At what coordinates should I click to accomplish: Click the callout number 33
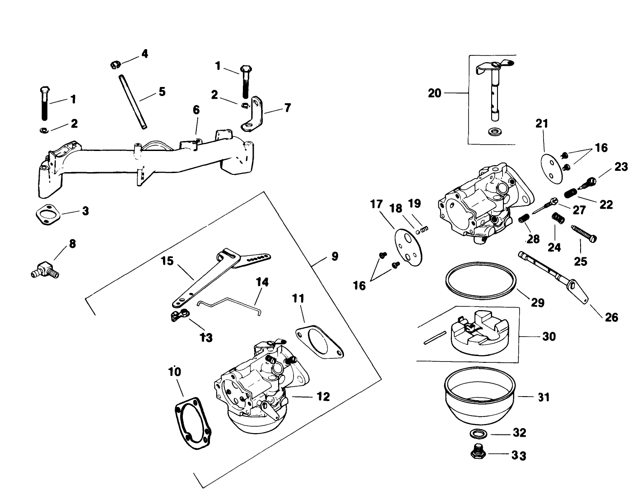pyautogui.click(x=519, y=456)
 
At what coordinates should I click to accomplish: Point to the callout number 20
pyautogui.click(x=434, y=93)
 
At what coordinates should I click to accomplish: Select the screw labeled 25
pyautogui.click(x=585, y=233)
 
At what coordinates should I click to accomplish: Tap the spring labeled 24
pyautogui.click(x=559, y=218)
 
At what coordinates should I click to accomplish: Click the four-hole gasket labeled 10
pyautogui.click(x=192, y=422)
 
